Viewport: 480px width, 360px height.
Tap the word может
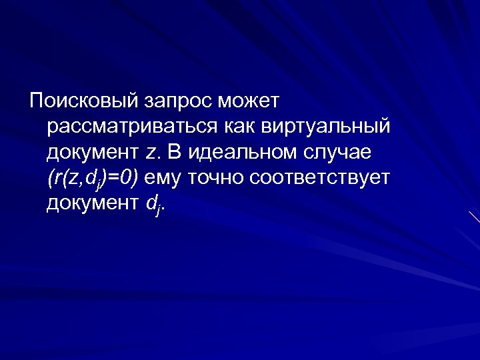tap(255, 101)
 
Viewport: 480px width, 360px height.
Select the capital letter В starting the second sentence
tap(175, 152)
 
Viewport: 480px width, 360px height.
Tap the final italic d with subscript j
tap(152, 204)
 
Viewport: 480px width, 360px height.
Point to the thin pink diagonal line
tap(474, 217)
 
